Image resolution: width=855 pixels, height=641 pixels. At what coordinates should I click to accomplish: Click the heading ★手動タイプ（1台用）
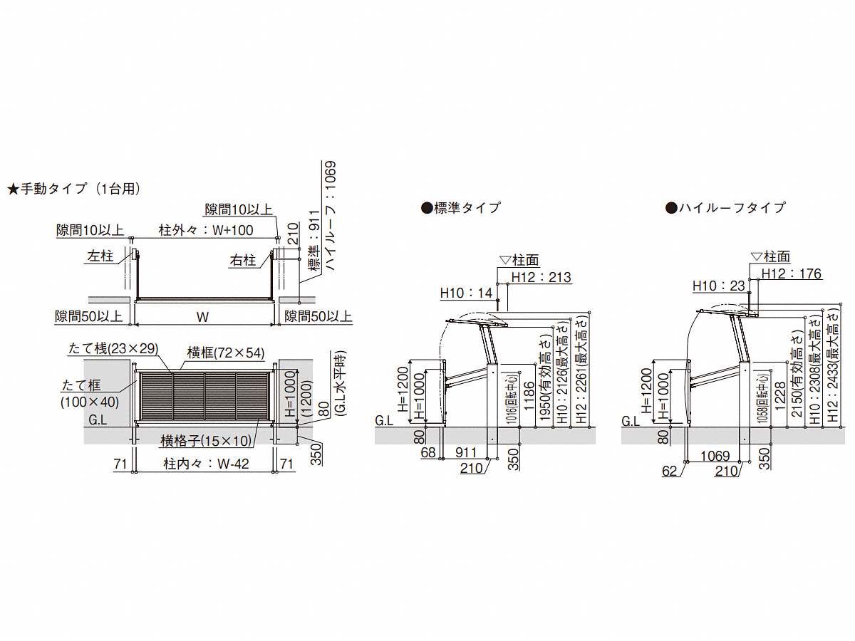[x=73, y=189]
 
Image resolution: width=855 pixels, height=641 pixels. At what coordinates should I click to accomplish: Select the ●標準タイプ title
[x=461, y=208]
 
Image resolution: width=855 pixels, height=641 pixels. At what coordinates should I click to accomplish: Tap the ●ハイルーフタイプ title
[x=725, y=208]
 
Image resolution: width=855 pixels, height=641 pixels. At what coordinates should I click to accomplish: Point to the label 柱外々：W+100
[x=206, y=230]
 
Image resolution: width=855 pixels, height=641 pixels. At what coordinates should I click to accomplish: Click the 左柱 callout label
[x=100, y=256]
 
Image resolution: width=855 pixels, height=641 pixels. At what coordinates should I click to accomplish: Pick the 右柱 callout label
[x=243, y=260]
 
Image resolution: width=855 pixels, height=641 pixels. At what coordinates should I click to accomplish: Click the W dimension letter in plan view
[x=202, y=317]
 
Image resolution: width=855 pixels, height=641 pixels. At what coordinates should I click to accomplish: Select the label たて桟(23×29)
[x=113, y=349]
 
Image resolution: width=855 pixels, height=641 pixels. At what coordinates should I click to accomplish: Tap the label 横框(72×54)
[x=226, y=353]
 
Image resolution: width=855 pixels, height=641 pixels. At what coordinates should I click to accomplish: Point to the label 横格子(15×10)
[x=207, y=441]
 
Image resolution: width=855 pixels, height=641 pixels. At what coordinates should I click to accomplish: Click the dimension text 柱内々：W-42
[x=206, y=464]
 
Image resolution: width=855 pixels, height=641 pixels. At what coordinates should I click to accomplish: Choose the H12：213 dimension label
[x=541, y=278]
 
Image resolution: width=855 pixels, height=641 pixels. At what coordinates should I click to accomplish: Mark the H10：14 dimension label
[x=466, y=293]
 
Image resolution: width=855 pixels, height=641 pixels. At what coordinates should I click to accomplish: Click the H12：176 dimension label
[x=792, y=274]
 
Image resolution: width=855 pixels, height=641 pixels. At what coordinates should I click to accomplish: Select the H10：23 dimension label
[x=719, y=286]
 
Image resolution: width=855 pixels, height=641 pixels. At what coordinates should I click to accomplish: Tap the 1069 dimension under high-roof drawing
[x=715, y=456]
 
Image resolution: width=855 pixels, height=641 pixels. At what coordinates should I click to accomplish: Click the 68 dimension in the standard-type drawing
[x=428, y=453]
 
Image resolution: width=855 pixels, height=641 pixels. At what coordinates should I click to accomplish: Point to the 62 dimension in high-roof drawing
[x=670, y=471]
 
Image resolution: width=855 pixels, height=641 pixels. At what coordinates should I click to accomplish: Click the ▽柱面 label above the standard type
[x=519, y=259]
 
